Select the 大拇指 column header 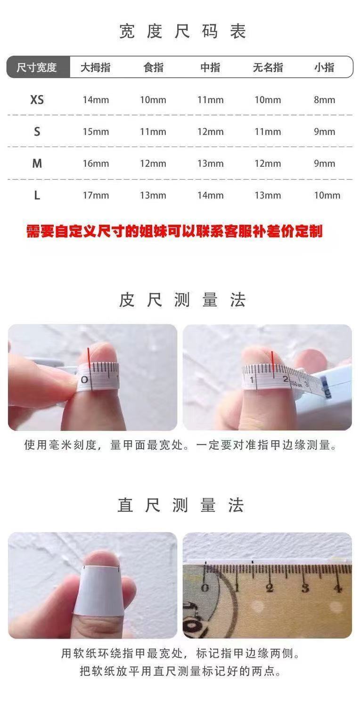[x=95, y=67]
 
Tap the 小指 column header [x=324, y=67]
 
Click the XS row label [x=37, y=100]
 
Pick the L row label [x=37, y=196]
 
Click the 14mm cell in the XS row [x=96, y=100]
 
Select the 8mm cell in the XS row [x=324, y=100]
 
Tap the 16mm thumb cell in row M [x=96, y=164]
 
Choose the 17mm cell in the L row [x=96, y=196]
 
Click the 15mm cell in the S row [x=96, y=132]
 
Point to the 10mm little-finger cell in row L [x=327, y=196]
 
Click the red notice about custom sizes [x=174, y=231]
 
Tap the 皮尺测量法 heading [x=182, y=300]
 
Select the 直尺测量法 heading [x=180, y=505]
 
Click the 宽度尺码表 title [x=182, y=31]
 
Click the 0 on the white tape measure [x=84, y=380]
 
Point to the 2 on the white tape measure [x=286, y=379]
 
